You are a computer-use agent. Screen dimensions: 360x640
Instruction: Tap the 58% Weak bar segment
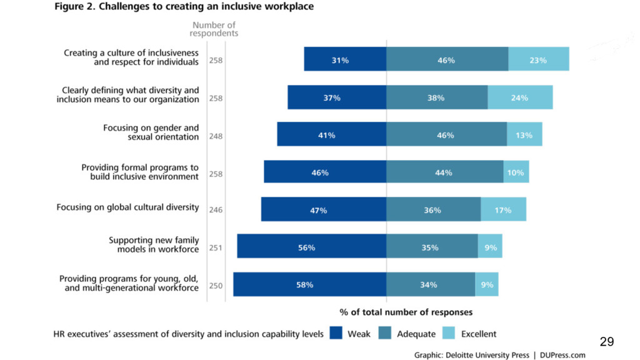(x=309, y=284)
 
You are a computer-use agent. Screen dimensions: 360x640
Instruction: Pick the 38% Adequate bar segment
(x=436, y=97)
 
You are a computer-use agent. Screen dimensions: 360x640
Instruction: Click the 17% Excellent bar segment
(x=503, y=210)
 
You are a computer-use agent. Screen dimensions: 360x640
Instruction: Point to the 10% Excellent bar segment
(x=516, y=172)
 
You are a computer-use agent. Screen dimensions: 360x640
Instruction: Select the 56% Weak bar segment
(x=311, y=247)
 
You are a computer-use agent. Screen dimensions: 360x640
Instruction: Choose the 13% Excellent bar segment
(x=524, y=134)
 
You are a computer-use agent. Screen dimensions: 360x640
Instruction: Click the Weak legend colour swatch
(x=336, y=334)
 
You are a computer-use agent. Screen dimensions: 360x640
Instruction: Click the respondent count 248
(x=216, y=136)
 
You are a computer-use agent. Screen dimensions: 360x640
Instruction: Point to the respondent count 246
(x=216, y=211)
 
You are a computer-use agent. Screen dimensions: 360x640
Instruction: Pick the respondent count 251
(x=216, y=248)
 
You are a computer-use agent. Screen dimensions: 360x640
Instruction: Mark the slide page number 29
(x=606, y=341)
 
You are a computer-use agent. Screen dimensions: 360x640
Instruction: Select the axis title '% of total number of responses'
(x=406, y=311)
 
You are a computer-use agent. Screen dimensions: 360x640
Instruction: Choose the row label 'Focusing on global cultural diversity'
(x=127, y=207)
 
